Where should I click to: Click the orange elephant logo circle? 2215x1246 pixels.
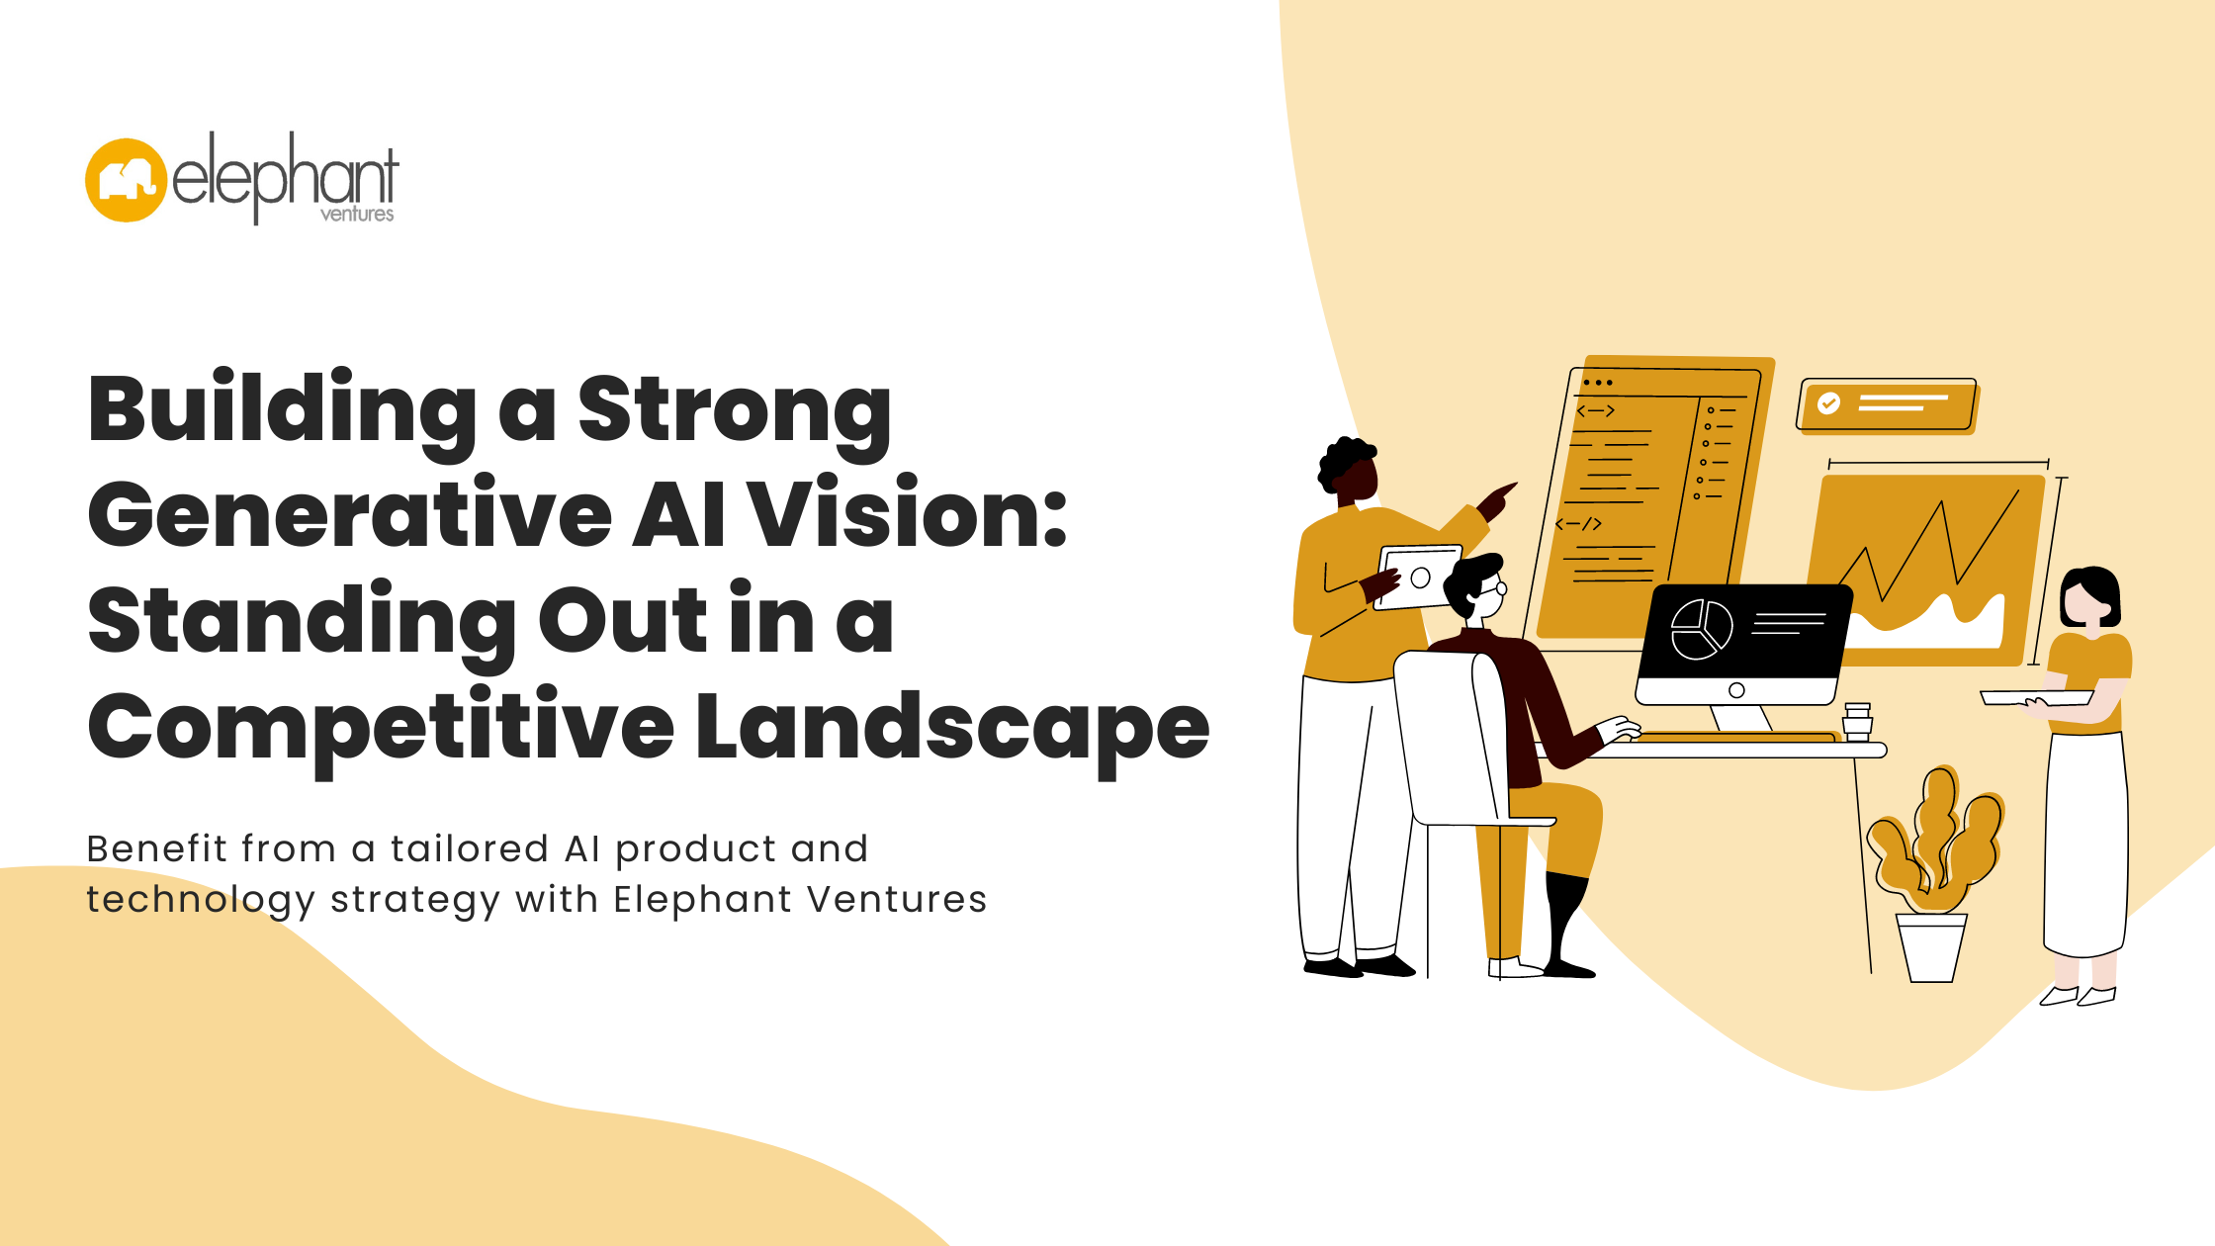point(126,180)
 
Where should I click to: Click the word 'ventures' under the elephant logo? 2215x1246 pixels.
point(357,214)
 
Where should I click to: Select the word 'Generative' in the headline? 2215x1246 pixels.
point(350,514)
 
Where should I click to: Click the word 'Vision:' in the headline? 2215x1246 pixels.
point(908,514)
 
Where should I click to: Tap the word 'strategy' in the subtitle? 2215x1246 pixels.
point(415,902)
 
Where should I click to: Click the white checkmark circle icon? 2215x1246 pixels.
point(1828,403)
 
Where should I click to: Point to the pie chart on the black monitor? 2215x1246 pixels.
point(1702,629)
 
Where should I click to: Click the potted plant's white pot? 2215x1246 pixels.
point(1931,947)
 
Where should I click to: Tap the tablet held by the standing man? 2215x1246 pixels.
point(1419,577)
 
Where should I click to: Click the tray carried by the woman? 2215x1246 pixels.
point(2036,698)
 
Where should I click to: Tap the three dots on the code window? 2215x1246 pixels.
point(1597,383)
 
